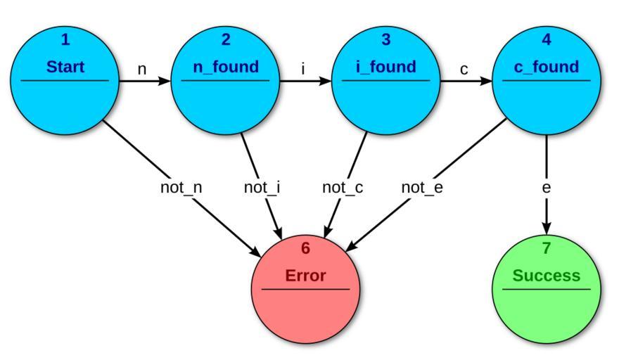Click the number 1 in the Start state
click(x=65, y=40)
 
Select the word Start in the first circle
click(x=65, y=67)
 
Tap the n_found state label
click(x=225, y=67)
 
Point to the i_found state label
click(x=385, y=67)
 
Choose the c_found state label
click(x=546, y=67)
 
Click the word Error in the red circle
click(x=305, y=276)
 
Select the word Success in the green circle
click(x=546, y=276)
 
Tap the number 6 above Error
click(x=305, y=248)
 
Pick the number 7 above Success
click(x=546, y=248)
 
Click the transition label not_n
click(x=181, y=188)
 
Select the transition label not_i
click(x=262, y=188)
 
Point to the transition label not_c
click(x=342, y=188)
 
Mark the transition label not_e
click(x=422, y=188)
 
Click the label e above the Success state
click(x=546, y=188)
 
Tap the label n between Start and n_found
click(x=141, y=69)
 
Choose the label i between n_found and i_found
click(x=303, y=69)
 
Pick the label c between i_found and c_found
click(x=464, y=69)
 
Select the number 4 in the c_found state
click(x=546, y=40)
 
